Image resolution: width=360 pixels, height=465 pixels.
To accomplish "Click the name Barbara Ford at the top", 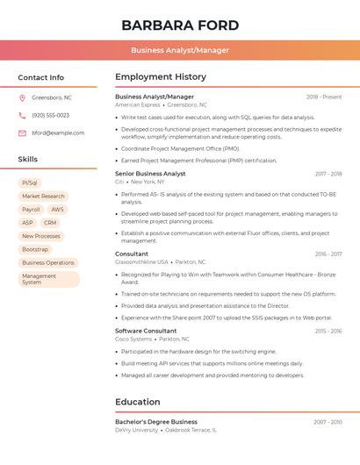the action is click(180, 25).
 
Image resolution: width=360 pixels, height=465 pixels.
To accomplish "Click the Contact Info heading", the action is click(41, 77).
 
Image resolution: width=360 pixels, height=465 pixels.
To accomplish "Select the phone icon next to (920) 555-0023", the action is click(22, 115).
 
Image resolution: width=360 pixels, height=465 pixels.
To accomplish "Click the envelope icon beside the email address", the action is click(22, 133).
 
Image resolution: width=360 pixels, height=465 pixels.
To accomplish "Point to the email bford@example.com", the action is click(58, 133).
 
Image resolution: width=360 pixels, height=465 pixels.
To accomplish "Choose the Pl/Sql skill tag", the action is click(30, 182).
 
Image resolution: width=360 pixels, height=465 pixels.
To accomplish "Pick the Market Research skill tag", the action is click(43, 197).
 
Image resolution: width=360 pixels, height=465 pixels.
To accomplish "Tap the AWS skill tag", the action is click(57, 210).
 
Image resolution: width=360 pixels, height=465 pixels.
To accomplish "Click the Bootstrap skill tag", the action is click(35, 249).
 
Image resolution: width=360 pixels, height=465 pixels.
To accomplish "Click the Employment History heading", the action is click(161, 76).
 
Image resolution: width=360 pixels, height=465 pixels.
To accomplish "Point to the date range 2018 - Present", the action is click(324, 97).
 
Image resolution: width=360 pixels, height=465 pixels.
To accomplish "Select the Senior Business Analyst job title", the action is click(150, 174).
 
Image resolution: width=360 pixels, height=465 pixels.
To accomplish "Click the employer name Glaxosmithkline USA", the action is click(141, 261).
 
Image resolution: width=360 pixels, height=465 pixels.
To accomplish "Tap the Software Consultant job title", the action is click(146, 331).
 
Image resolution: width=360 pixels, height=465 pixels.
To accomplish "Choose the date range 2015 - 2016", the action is click(328, 331).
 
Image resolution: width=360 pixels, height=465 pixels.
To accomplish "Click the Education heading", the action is click(137, 402).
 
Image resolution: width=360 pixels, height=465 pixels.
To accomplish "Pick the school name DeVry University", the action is click(136, 430).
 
